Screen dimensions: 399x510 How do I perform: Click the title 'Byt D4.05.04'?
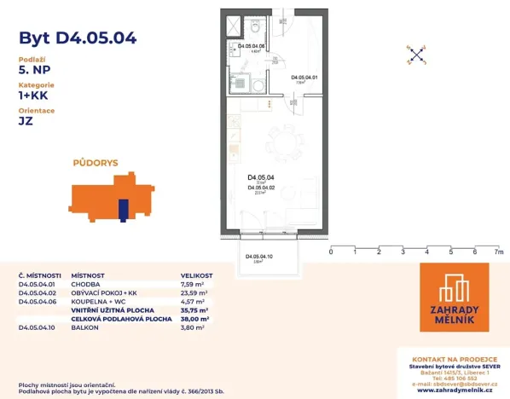pos(77,38)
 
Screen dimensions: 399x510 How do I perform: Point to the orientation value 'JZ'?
pos(26,121)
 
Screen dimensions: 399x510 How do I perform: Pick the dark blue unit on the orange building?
pos(123,210)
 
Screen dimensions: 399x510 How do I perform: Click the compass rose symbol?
pos(415,55)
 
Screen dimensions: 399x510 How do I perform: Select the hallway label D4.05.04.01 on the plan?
pos(304,78)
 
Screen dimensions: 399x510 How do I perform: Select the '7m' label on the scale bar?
pos(498,252)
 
